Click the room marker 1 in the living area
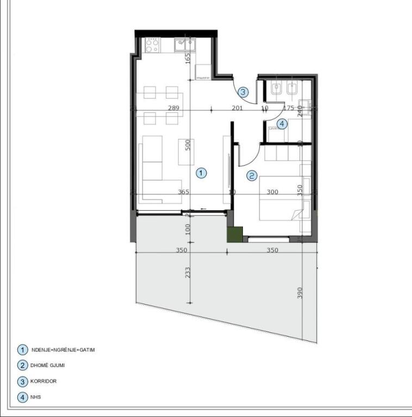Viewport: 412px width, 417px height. click(x=201, y=173)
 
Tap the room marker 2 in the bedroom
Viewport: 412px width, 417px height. click(x=252, y=175)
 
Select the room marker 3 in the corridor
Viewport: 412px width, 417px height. click(x=243, y=92)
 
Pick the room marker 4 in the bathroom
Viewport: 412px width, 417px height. click(x=281, y=124)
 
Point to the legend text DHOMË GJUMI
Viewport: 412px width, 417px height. click(x=49, y=365)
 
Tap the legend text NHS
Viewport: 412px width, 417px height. click(x=36, y=397)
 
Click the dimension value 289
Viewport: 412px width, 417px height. click(x=173, y=108)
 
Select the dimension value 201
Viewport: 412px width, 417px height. click(x=237, y=108)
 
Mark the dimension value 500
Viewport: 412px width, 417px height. click(x=188, y=145)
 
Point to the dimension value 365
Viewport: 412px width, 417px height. click(x=184, y=192)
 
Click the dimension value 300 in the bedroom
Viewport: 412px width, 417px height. click(x=272, y=192)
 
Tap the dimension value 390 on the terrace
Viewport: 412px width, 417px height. click(x=299, y=293)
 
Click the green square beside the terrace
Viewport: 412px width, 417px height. click(x=234, y=234)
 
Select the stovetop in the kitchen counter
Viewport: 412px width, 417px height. click(x=151, y=45)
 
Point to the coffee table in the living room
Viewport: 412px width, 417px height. click(x=187, y=151)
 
